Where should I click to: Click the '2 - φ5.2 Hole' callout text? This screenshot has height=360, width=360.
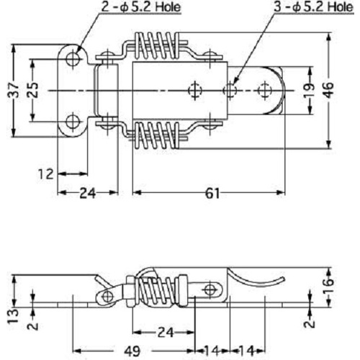point(141,7)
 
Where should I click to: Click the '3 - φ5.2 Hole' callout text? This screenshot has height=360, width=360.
point(314,7)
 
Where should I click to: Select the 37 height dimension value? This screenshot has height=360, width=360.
point(14,90)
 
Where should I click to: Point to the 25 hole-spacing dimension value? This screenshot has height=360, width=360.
point(33,90)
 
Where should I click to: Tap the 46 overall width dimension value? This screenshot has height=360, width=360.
point(329,90)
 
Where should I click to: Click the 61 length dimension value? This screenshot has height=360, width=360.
point(212,194)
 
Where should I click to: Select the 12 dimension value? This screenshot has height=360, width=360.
point(45,174)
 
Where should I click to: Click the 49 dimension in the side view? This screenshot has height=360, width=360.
point(132,351)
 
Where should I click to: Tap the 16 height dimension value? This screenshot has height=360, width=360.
point(329,286)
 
